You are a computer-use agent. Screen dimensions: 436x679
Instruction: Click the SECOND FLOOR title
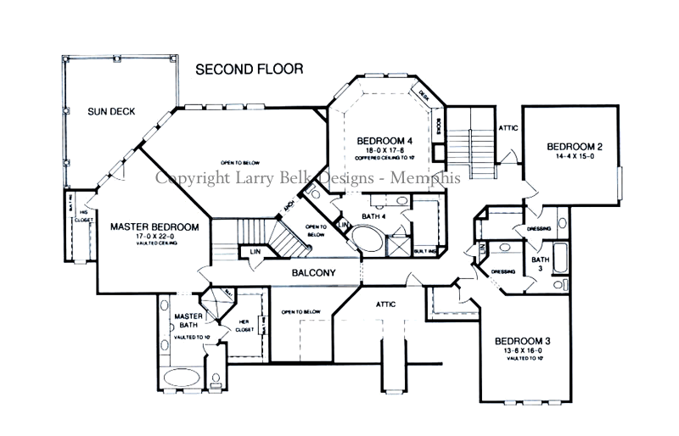point(249,69)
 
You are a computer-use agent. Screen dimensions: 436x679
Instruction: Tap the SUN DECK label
point(116,111)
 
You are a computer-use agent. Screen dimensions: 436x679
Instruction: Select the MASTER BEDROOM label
point(154,227)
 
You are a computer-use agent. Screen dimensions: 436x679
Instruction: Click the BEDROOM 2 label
point(575,147)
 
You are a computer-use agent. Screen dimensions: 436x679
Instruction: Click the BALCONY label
point(314,273)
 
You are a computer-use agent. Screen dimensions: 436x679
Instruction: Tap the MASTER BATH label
point(187,321)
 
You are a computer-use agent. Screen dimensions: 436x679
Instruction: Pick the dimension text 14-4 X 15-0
point(575,157)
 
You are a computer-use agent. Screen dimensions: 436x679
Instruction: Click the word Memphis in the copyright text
point(432,178)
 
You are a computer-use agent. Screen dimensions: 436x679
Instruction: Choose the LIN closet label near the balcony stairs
point(255,251)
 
